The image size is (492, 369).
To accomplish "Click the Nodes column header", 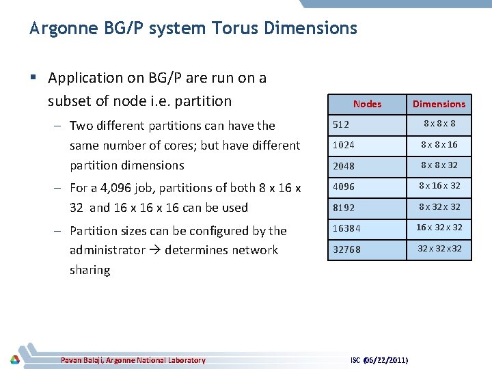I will [x=367, y=104].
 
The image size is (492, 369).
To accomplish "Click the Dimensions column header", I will [x=439, y=104].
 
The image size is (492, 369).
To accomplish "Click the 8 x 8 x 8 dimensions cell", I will [x=439, y=124].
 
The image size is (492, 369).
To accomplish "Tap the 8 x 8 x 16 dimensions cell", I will [x=439, y=145].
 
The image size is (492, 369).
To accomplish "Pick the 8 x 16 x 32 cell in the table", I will [x=439, y=186].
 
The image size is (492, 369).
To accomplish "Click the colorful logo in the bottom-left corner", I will [x=14, y=359].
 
